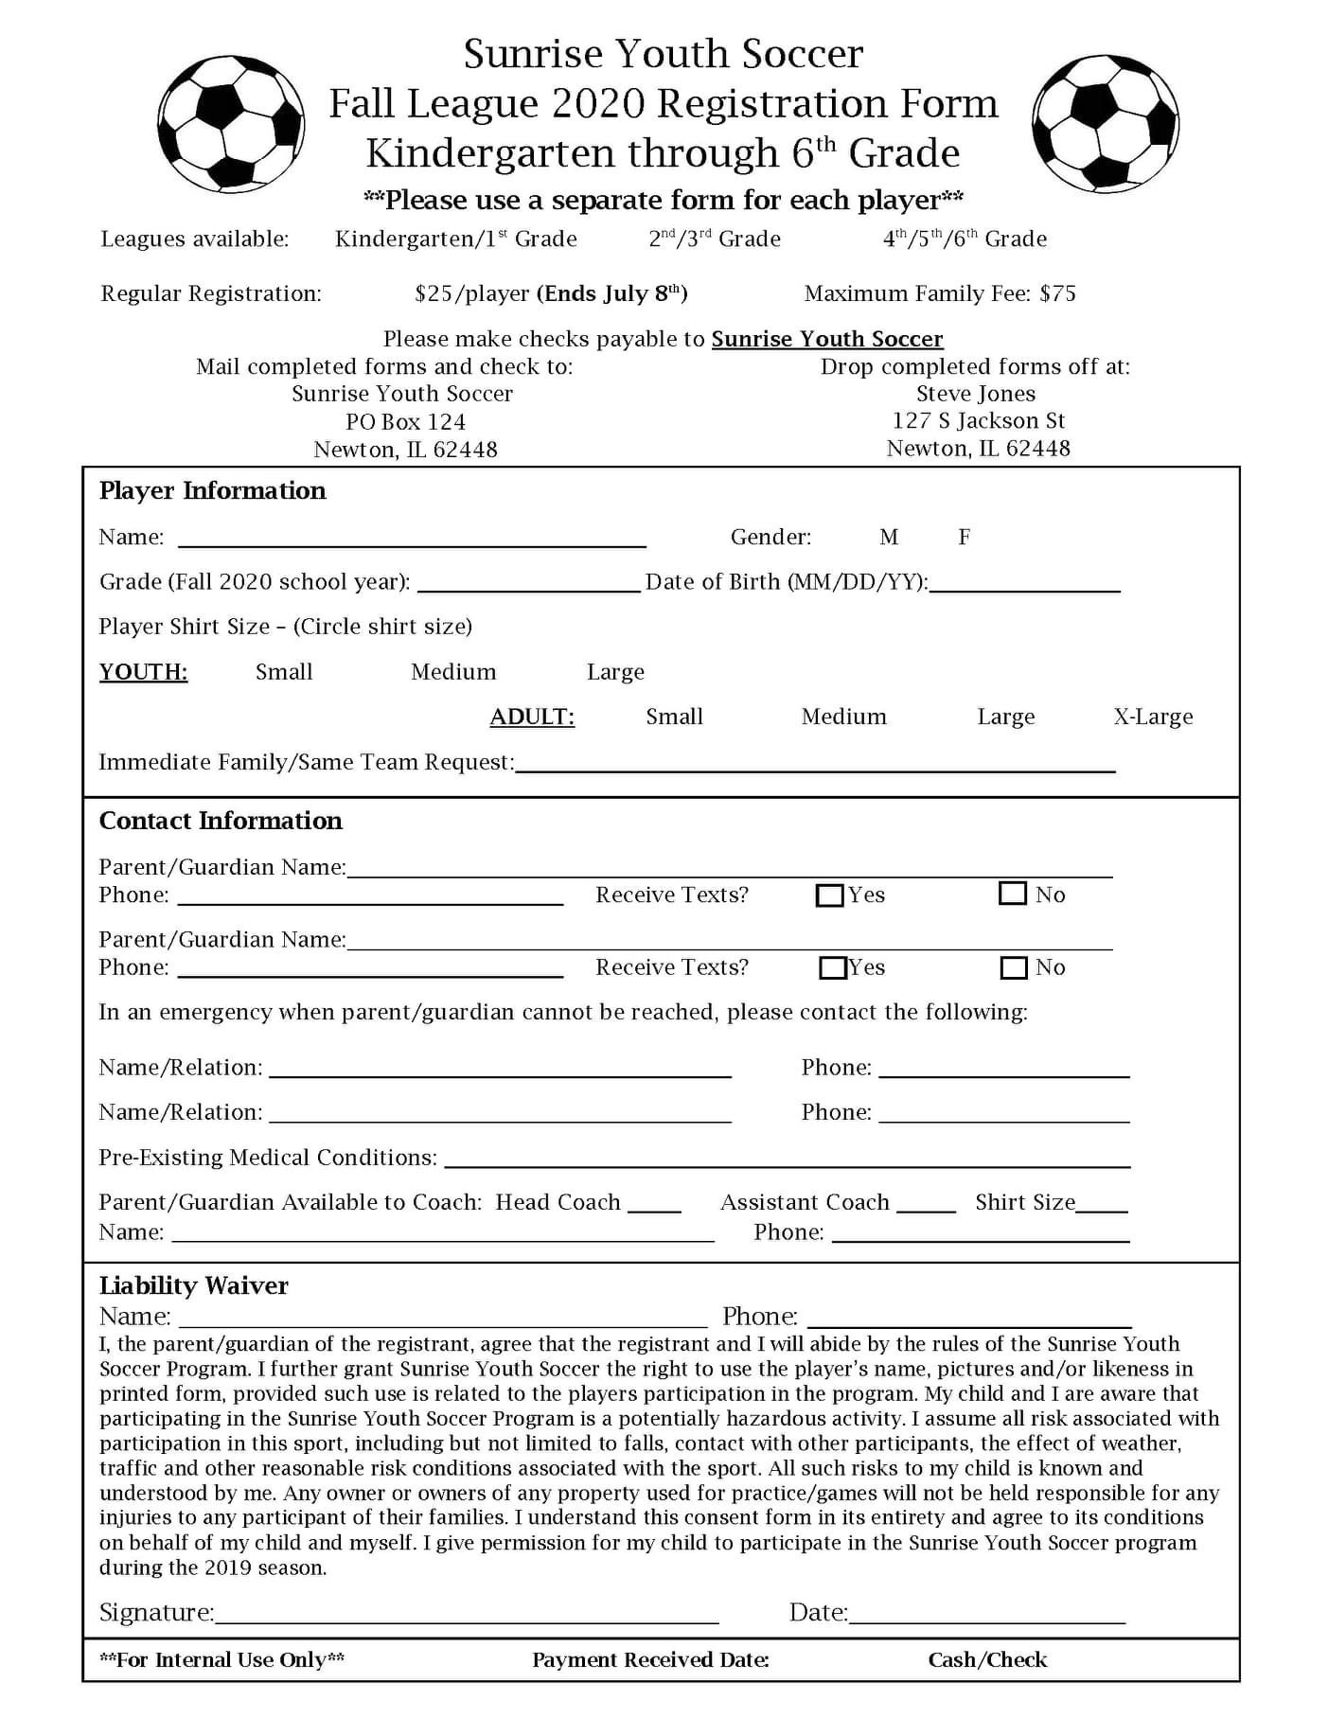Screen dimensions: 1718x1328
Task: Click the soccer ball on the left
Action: pos(231,122)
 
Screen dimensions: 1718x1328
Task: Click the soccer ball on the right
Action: pos(1106,122)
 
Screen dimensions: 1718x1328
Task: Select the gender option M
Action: pos(888,538)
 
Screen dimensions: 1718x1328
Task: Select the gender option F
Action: pos(964,538)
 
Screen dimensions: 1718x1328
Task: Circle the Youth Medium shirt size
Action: pos(453,672)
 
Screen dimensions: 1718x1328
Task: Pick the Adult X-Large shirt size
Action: pos(1153,717)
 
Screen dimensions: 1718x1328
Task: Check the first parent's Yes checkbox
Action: pos(829,894)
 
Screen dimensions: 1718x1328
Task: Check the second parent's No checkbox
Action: pos(1014,967)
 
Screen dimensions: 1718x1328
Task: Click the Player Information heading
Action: pos(212,490)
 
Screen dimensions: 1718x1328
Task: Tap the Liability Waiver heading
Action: pos(194,1284)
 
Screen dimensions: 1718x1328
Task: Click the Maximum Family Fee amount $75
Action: pos(1057,293)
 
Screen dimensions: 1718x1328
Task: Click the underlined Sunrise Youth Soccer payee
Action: pos(827,339)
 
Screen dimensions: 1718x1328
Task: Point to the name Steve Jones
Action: pos(975,394)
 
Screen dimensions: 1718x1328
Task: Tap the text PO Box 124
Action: pos(405,421)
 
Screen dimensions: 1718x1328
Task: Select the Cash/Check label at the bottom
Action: pos(987,1659)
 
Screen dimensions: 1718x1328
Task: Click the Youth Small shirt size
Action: pos(284,672)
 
